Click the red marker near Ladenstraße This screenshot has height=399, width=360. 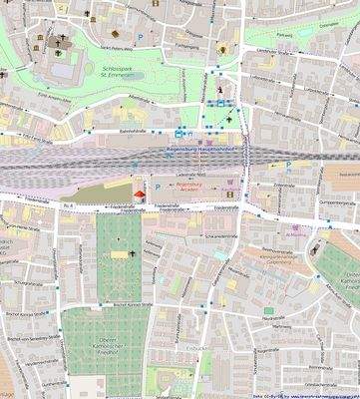[139, 194]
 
